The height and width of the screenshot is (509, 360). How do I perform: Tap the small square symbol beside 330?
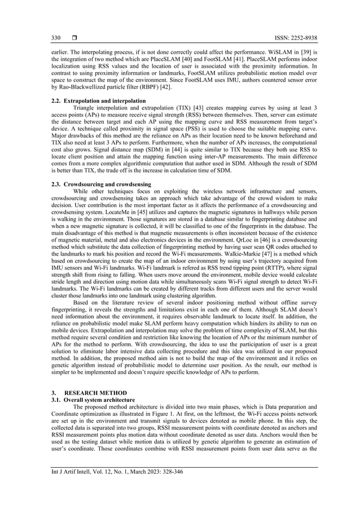[x=74, y=38]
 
